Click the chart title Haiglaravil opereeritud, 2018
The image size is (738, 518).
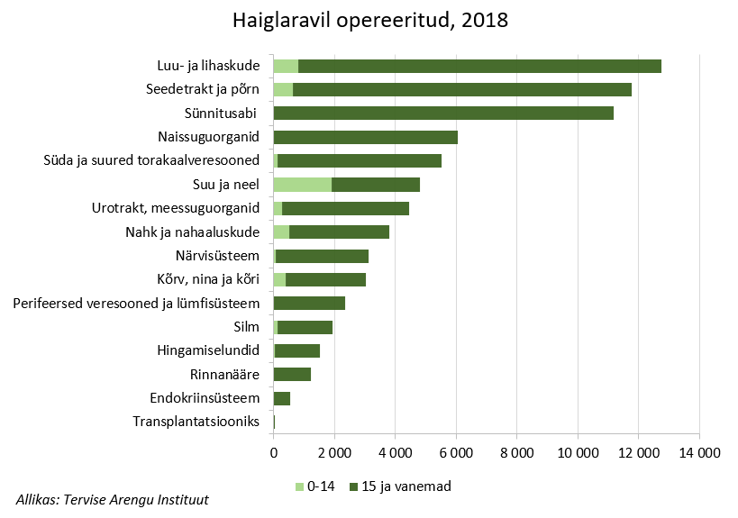pyautogui.click(x=369, y=20)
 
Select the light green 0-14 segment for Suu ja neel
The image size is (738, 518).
pyautogui.click(x=302, y=185)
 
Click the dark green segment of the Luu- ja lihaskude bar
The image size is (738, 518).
pyautogui.click(x=479, y=66)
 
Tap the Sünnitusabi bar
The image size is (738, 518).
pyautogui.click(x=443, y=114)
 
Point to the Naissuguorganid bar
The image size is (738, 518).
pyautogui.click(x=365, y=137)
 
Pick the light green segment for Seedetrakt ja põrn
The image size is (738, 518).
pyautogui.click(x=283, y=89)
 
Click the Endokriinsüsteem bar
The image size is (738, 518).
pyautogui.click(x=282, y=398)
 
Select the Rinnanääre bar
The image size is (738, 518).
pyautogui.click(x=292, y=374)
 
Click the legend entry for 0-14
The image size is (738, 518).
pyautogui.click(x=316, y=486)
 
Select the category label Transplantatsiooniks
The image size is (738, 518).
pyautogui.click(x=196, y=422)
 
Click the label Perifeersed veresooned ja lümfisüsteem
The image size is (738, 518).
pyautogui.click(x=137, y=303)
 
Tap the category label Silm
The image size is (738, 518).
pyautogui.click(x=246, y=327)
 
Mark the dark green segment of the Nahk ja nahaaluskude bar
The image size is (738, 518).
pyautogui.click(x=339, y=232)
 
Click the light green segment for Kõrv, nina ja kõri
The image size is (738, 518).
pyautogui.click(x=279, y=279)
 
